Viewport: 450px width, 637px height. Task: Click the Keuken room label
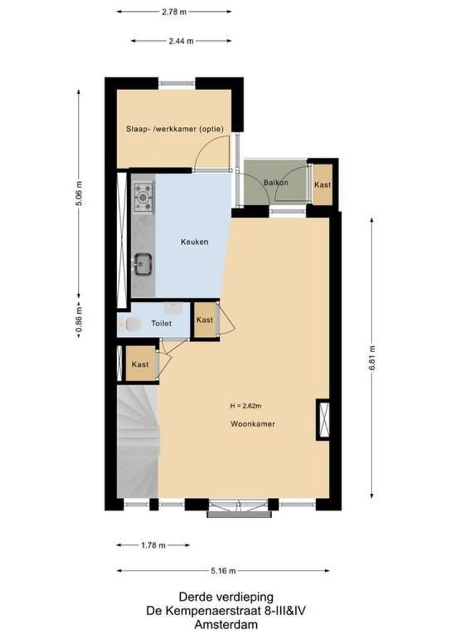194,242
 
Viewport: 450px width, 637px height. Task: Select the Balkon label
276,183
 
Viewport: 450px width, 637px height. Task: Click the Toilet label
161,323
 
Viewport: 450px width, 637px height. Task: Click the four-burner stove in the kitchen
143,198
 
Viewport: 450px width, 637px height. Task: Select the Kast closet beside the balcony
322,185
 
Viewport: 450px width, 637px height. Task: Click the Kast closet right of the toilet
204,320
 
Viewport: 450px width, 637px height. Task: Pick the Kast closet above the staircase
140,365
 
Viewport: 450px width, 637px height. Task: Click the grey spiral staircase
138,439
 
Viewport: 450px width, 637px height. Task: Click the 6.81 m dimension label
372,357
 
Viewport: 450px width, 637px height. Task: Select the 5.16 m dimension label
223,570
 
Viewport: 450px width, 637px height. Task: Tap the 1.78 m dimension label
153,545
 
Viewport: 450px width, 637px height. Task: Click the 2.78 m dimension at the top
174,11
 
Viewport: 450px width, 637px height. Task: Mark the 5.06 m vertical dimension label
78,193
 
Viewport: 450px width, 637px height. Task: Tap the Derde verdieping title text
226,597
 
